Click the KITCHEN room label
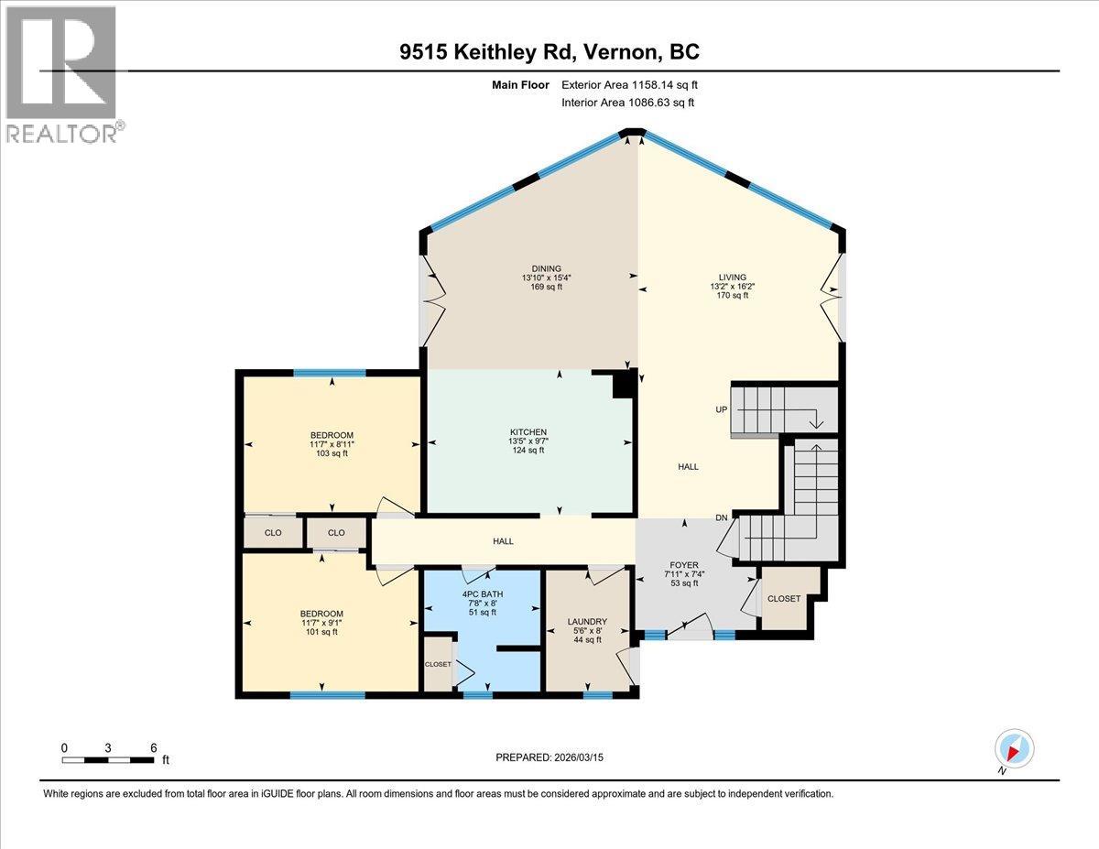(528, 432)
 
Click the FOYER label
(684, 565)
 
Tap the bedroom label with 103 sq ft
(331, 435)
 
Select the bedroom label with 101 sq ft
(321, 614)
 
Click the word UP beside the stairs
(722, 409)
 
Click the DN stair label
(722, 518)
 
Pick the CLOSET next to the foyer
(784, 599)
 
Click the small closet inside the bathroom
(437, 665)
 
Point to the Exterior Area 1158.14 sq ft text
(635, 85)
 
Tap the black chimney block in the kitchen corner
(623, 386)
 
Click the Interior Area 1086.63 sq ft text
(627, 103)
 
